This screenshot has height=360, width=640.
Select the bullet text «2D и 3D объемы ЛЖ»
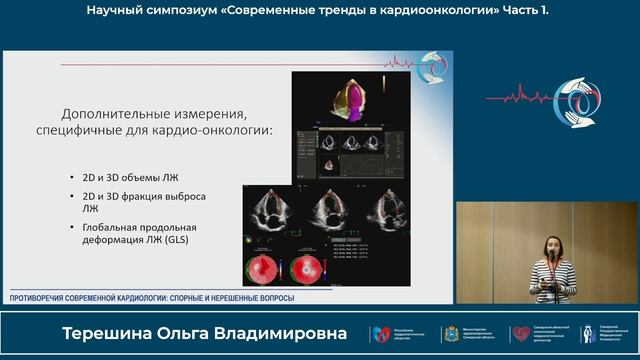point(124,177)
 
